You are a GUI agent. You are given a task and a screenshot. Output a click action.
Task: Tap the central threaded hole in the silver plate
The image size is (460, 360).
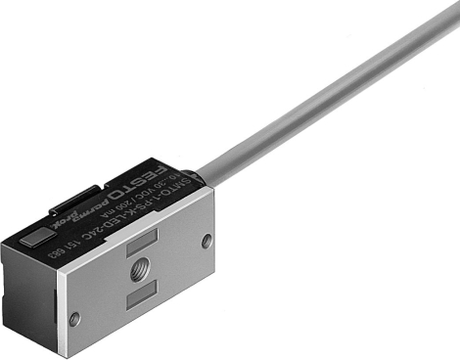[x=139, y=271]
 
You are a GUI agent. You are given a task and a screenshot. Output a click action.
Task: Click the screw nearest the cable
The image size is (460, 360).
[x=207, y=240]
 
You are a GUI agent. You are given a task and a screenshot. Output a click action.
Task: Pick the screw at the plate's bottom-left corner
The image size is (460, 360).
[x=75, y=315]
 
